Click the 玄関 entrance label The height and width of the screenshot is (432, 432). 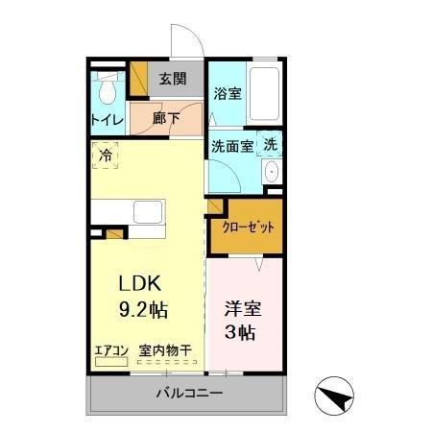coord(173,80)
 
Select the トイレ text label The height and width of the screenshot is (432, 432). coord(106,121)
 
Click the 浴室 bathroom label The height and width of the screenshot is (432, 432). coord(227,94)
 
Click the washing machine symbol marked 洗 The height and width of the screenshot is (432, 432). coord(271,144)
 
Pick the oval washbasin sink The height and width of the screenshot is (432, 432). coord(271,173)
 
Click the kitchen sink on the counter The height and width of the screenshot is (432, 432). coord(149,212)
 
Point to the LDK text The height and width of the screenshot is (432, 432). coord(144,284)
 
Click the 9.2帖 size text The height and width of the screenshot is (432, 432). coord(144,310)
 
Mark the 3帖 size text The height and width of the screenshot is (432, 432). coord(241,333)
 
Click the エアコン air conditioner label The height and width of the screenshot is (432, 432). coord(111,351)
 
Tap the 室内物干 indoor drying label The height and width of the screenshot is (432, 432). coord(165,351)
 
